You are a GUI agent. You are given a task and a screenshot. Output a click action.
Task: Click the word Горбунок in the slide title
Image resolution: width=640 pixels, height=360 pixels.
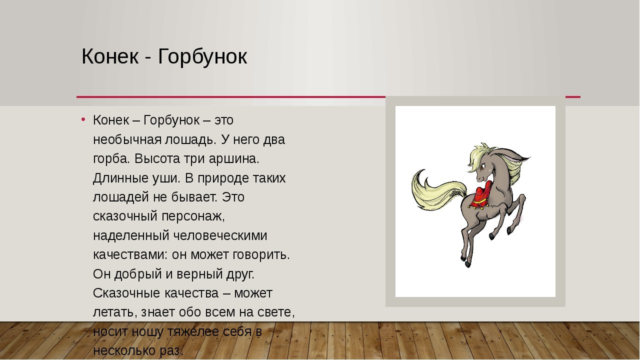point(202,57)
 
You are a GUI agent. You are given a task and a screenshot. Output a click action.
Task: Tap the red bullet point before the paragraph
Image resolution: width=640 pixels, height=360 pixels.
point(83,119)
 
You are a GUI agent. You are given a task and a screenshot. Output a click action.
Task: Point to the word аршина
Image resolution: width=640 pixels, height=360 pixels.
point(234,159)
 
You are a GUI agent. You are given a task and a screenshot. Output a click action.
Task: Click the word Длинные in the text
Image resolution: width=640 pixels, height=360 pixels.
point(121,178)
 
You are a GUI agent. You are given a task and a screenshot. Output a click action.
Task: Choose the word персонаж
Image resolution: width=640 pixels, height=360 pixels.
point(193,216)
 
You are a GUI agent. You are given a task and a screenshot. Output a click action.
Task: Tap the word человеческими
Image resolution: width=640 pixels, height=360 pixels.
point(220,235)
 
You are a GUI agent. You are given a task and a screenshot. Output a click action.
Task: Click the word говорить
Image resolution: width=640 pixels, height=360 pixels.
point(261,255)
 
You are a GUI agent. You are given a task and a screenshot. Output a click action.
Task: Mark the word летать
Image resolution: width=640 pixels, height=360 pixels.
point(113,312)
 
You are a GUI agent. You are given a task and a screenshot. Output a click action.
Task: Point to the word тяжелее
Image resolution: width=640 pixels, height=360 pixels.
point(192,331)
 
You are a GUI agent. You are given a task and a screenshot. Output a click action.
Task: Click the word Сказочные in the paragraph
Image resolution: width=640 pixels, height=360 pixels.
point(126,293)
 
